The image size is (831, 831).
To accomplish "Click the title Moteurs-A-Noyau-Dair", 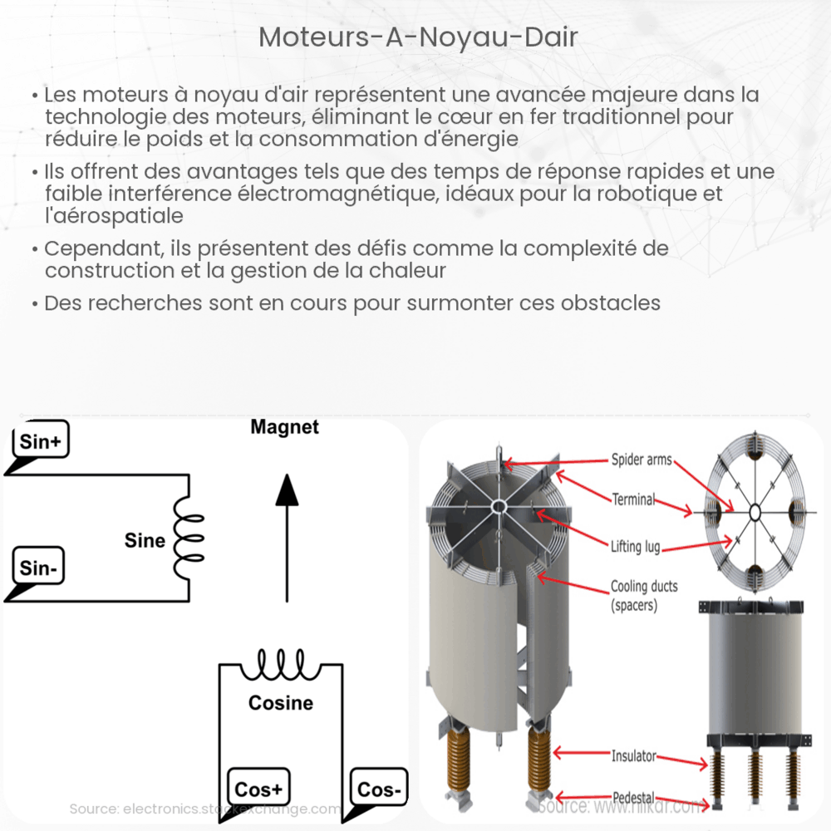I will (418, 37).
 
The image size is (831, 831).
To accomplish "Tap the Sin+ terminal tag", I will (40, 443).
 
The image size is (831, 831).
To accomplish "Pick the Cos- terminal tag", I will (378, 789).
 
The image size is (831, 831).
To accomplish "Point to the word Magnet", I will (285, 428).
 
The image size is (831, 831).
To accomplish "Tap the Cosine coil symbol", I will (281, 666).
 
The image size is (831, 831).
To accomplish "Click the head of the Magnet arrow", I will (287, 490).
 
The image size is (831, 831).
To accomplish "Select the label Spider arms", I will (642, 459).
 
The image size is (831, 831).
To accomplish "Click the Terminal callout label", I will (633, 499).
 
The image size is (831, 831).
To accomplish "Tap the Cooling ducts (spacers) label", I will (644, 596).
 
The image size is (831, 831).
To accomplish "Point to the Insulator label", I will (633, 756).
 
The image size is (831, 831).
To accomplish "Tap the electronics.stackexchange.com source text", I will (204, 809).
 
